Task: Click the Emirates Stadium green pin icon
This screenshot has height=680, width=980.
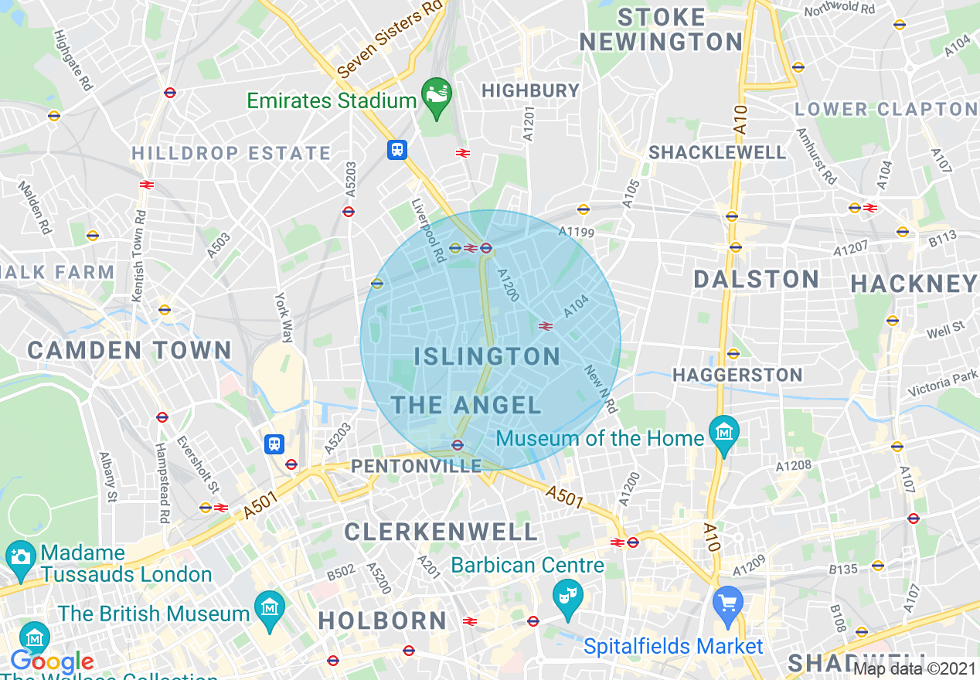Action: [x=436, y=97]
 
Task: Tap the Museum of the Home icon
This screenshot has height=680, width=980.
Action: [x=724, y=434]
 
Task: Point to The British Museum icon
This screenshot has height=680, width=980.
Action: [x=269, y=610]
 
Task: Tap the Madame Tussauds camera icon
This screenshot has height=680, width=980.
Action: [x=19, y=556]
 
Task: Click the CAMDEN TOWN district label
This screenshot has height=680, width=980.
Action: [x=129, y=350]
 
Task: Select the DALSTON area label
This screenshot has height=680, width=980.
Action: [x=756, y=280]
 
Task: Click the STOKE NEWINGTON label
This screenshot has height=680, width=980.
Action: [x=661, y=29]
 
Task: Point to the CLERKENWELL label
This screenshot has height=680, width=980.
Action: [x=441, y=532]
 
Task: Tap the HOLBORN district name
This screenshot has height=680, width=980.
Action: [x=383, y=620]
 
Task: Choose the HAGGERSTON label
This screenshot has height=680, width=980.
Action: [x=737, y=376]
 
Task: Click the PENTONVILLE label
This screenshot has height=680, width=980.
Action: [x=416, y=466]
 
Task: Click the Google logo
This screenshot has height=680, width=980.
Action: [x=52, y=662]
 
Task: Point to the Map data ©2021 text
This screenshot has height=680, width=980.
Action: [x=914, y=668]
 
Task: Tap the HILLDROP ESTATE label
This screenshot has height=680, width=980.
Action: [x=231, y=153]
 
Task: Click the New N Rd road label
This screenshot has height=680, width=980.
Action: [x=600, y=389]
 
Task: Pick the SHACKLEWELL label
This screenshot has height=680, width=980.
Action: [x=716, y=152]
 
